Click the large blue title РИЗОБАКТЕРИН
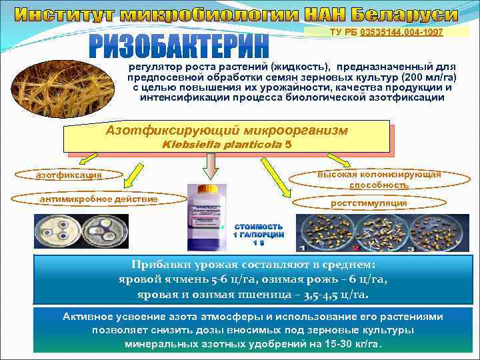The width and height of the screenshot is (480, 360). [179, 46]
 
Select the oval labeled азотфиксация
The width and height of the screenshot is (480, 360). [69, 175]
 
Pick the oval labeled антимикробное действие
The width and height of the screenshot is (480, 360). [99, 199]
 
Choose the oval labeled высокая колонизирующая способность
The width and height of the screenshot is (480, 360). [379, 179]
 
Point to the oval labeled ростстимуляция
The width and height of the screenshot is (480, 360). [369, 203]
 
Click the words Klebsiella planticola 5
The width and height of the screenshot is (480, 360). [226, 144]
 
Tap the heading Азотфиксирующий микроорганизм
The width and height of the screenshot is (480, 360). [227, 129]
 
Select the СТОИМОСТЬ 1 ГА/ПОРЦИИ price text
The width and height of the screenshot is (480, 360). [258, 234]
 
